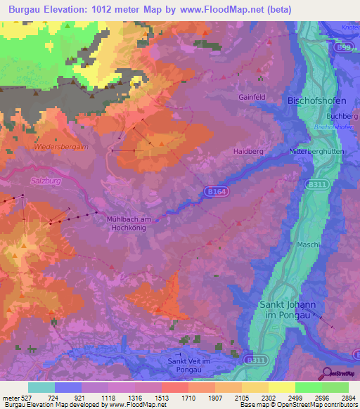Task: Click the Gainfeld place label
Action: tap(251, 97)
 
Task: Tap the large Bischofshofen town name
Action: tap(318, 100)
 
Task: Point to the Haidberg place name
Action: tap(248, 151)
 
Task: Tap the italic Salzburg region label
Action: tap(48, 181)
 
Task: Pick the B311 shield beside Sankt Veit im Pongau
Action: tap(255, 360)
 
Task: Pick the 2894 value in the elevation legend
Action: tap(339, 398)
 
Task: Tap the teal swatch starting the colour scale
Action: tap(41, 387)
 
